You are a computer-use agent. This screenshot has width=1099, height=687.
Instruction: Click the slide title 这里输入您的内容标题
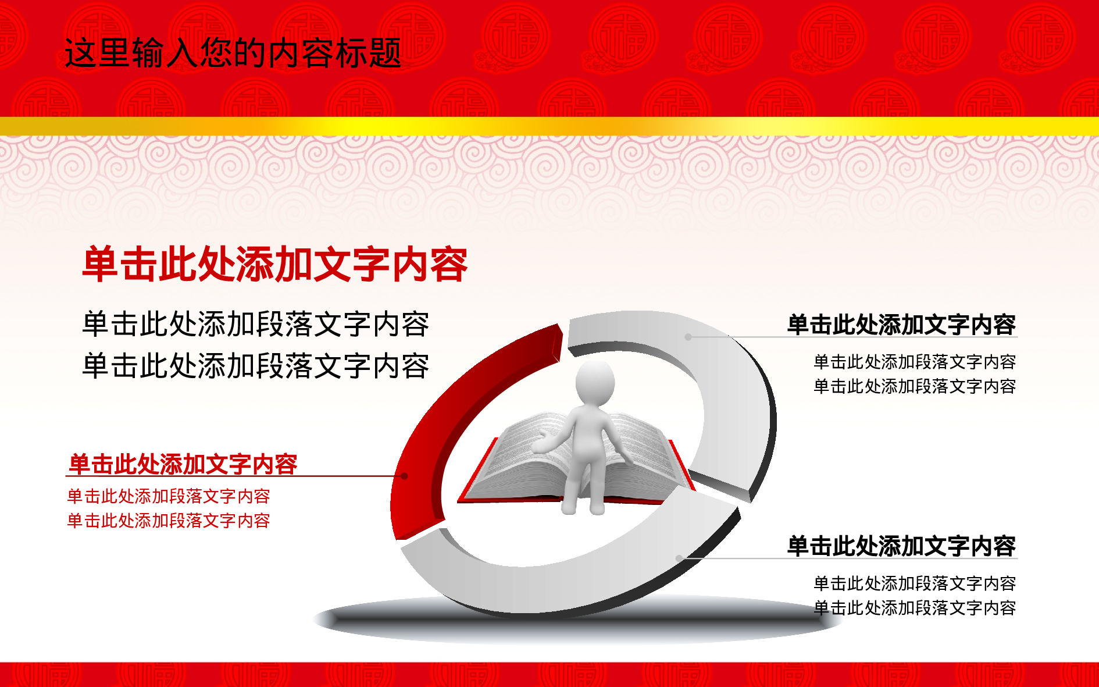pyautogui.click(x=233, y=53)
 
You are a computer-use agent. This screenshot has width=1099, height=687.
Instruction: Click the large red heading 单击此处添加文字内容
pyautogui.click(x=275, y=264)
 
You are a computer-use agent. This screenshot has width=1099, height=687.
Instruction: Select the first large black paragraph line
pyautogui.click(x=256, y=324)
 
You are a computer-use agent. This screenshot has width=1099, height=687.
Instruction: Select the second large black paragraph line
pyautogui.click(x=256, y=366)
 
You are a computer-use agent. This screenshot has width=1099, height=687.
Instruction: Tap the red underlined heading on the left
pyautogui.click(x=183, y=464)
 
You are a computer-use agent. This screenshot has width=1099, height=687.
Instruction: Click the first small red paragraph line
pyautogui.click(x=169, y=496)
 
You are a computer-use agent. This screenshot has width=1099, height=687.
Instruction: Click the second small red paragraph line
pyautogui.click(x=169, y=521)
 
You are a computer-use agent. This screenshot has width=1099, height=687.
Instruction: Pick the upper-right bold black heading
pyautogui.click(x=901, y=325)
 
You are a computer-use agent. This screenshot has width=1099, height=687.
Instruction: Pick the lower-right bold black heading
pyautogui.click(x=901, y=546)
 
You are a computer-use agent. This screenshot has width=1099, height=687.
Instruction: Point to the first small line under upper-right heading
pyautogui.click(x=915, y=362)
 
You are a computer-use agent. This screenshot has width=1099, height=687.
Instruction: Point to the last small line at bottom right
pyautogui.click(x=915, y=608)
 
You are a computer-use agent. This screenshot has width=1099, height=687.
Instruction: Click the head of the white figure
pyautogui.click(x=595, y=383)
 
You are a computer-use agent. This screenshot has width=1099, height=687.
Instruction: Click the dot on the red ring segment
pyautogui.click(x=405, y=476)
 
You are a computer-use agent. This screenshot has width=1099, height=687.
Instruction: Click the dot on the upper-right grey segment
pyautogui.click(x=688, y=337)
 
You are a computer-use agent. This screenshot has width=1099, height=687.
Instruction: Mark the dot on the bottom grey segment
pyautogui.click(x=679, y=558)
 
